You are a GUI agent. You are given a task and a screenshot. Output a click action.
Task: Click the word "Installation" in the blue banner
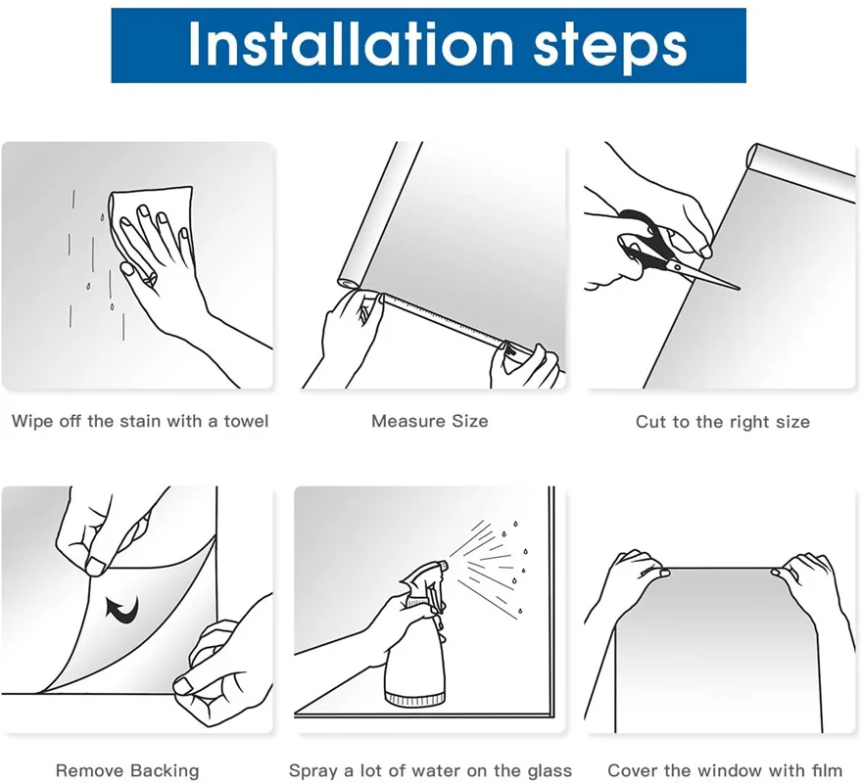pyautogui.click(x=351, y=44)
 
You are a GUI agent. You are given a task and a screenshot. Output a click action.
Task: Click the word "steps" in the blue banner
pyautogui.click(x=610, y=47)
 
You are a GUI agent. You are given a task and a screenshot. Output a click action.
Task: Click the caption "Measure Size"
pyautogui.click(x=429, y=421)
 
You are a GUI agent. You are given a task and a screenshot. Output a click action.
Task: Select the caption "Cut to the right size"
pyautogui.click(x=722, y=422)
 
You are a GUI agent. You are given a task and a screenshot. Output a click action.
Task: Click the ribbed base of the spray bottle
pyautogui.click(x=414, y=699)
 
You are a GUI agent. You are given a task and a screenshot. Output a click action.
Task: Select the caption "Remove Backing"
pyautogui.click(x=127, y=770)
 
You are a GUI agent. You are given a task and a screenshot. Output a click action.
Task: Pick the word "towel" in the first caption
pyautogui.click(x=246, y=421)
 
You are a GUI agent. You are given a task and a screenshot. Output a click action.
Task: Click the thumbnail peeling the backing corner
pyautogui.click(x=96, y=567)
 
